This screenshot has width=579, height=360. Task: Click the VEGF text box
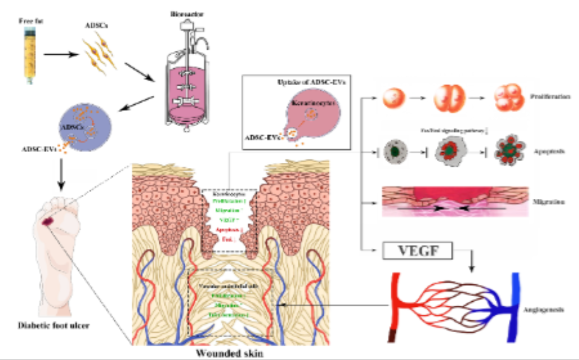coord(418,250)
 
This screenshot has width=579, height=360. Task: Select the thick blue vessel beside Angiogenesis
coord(517,304)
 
